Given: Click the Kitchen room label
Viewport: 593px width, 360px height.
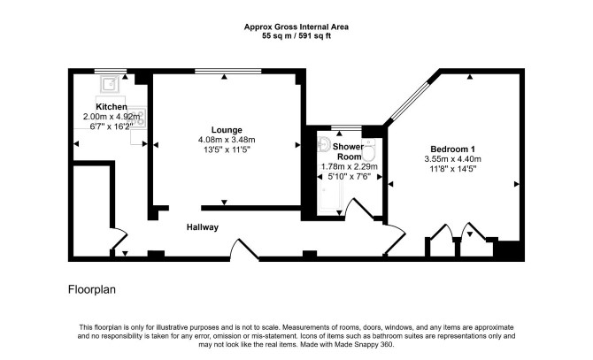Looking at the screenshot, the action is click(x=112, y=106).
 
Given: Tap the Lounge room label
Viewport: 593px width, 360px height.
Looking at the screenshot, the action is click(x=227, y=130).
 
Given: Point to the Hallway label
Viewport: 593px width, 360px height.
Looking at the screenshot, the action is click(x=203, y=227).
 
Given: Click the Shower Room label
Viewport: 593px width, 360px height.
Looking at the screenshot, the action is click(x=349, y=151).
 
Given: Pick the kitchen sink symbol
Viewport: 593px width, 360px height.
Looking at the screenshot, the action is click(x=110, y=84).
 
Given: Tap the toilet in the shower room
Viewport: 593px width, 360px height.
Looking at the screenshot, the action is click(x=368, y=150).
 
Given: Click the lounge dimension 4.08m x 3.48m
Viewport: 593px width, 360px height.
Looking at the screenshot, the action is click(x=227, y=140).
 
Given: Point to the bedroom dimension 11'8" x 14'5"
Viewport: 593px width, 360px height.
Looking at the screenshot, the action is click(x=452, y=169).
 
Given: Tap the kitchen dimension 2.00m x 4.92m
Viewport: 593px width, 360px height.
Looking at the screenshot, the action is click(x=112, y=117).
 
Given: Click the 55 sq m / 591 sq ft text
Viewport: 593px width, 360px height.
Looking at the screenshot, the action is click(x=296, y=36).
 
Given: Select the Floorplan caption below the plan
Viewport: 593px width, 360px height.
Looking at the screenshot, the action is click(x=92, y=290).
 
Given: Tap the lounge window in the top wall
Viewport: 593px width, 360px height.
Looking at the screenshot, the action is click(x=228, y=71).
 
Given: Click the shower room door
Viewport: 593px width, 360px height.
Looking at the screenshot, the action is click(x=360, y=207).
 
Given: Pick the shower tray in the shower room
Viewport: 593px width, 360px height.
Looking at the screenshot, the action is click(x=330, y=195).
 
